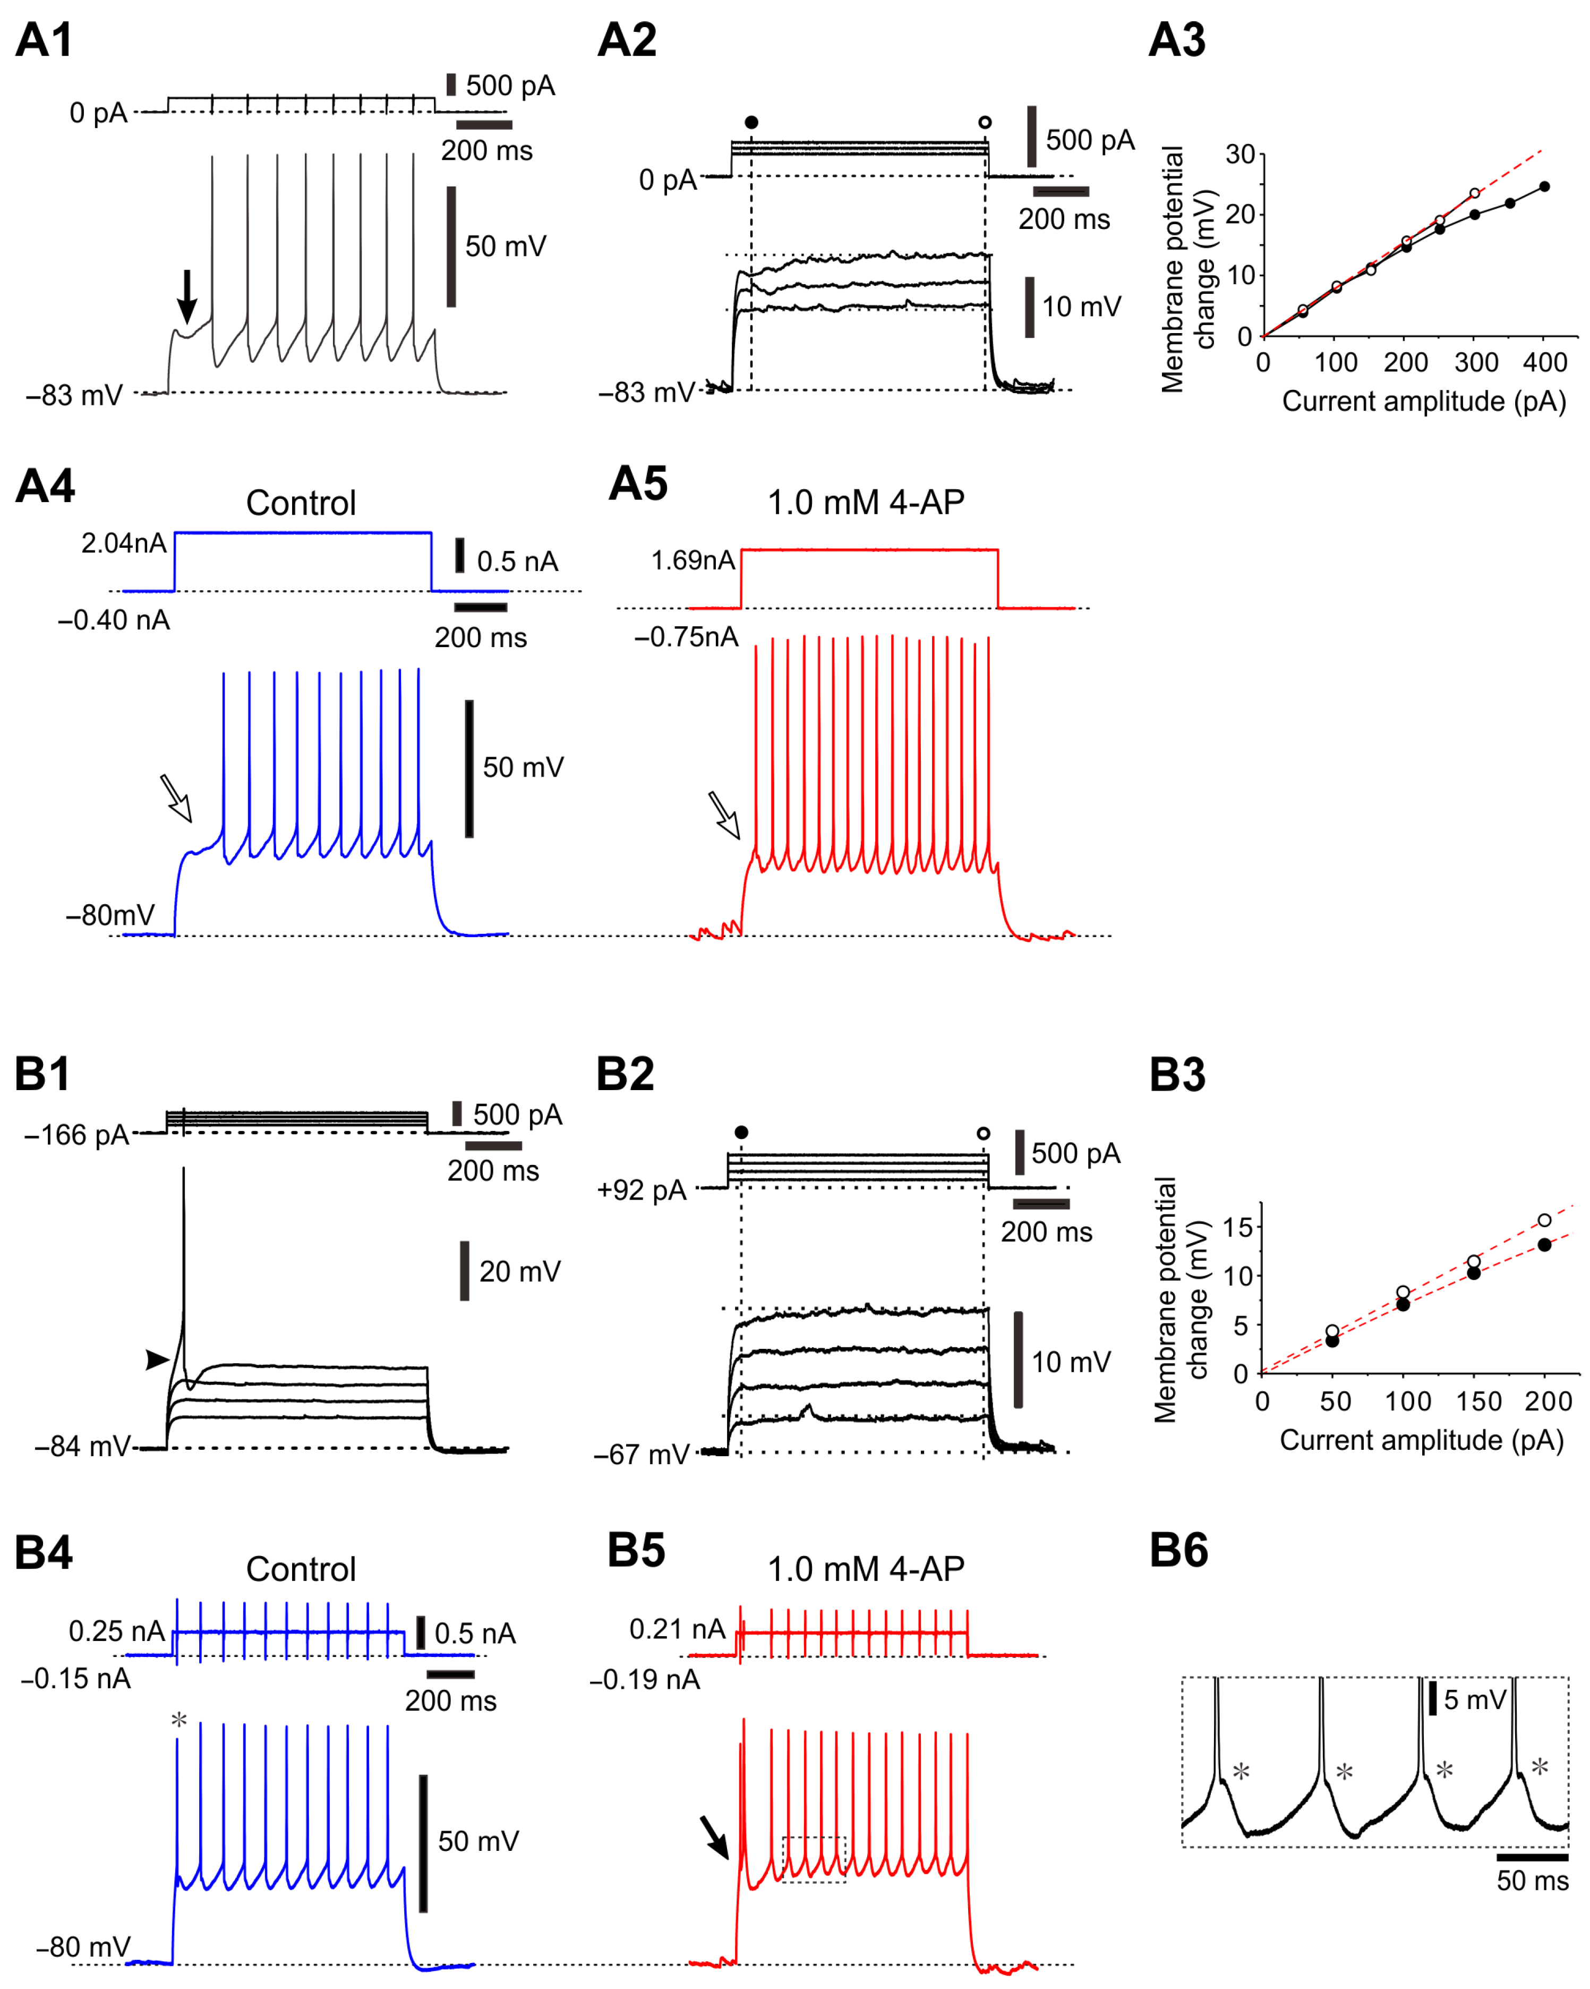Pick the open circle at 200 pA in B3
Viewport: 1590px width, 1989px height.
click(x=1544, y=1220)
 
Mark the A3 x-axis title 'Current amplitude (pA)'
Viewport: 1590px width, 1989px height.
click(x=1423, y=401)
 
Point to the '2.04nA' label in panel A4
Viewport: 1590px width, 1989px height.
click(x=124, y=543)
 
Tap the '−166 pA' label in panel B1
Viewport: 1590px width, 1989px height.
click(x=76, y=1135)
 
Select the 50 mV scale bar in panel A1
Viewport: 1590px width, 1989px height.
click(x=451, y=246)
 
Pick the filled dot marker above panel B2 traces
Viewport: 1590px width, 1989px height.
click(x=741, y=1132)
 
